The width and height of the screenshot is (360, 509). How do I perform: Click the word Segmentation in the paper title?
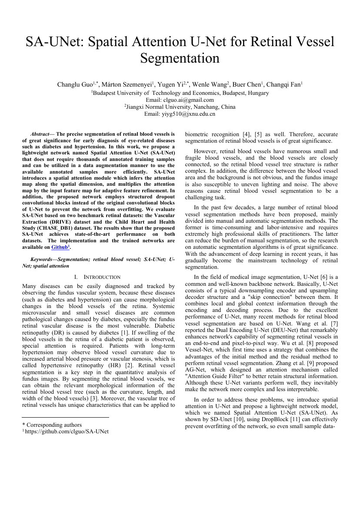point(180,58)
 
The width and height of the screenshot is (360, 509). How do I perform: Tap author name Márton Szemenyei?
point(127,84)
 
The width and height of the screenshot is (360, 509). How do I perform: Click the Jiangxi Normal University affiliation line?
point(180,107)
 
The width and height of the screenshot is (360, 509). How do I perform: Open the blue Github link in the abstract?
point(60,247)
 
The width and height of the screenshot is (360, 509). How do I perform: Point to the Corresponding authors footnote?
point(52,425)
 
